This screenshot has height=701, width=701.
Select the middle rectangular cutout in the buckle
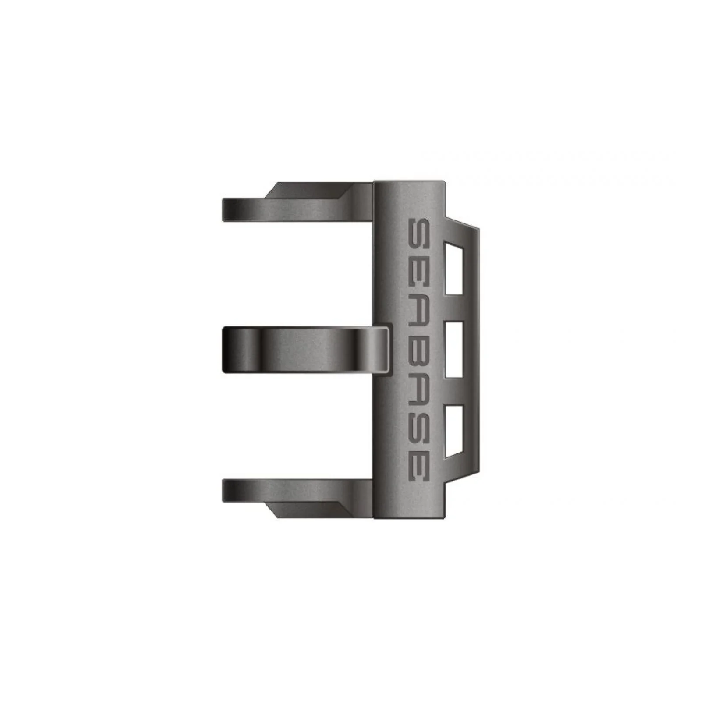pos(453,350)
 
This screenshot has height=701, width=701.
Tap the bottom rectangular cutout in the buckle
pos(453,430)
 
